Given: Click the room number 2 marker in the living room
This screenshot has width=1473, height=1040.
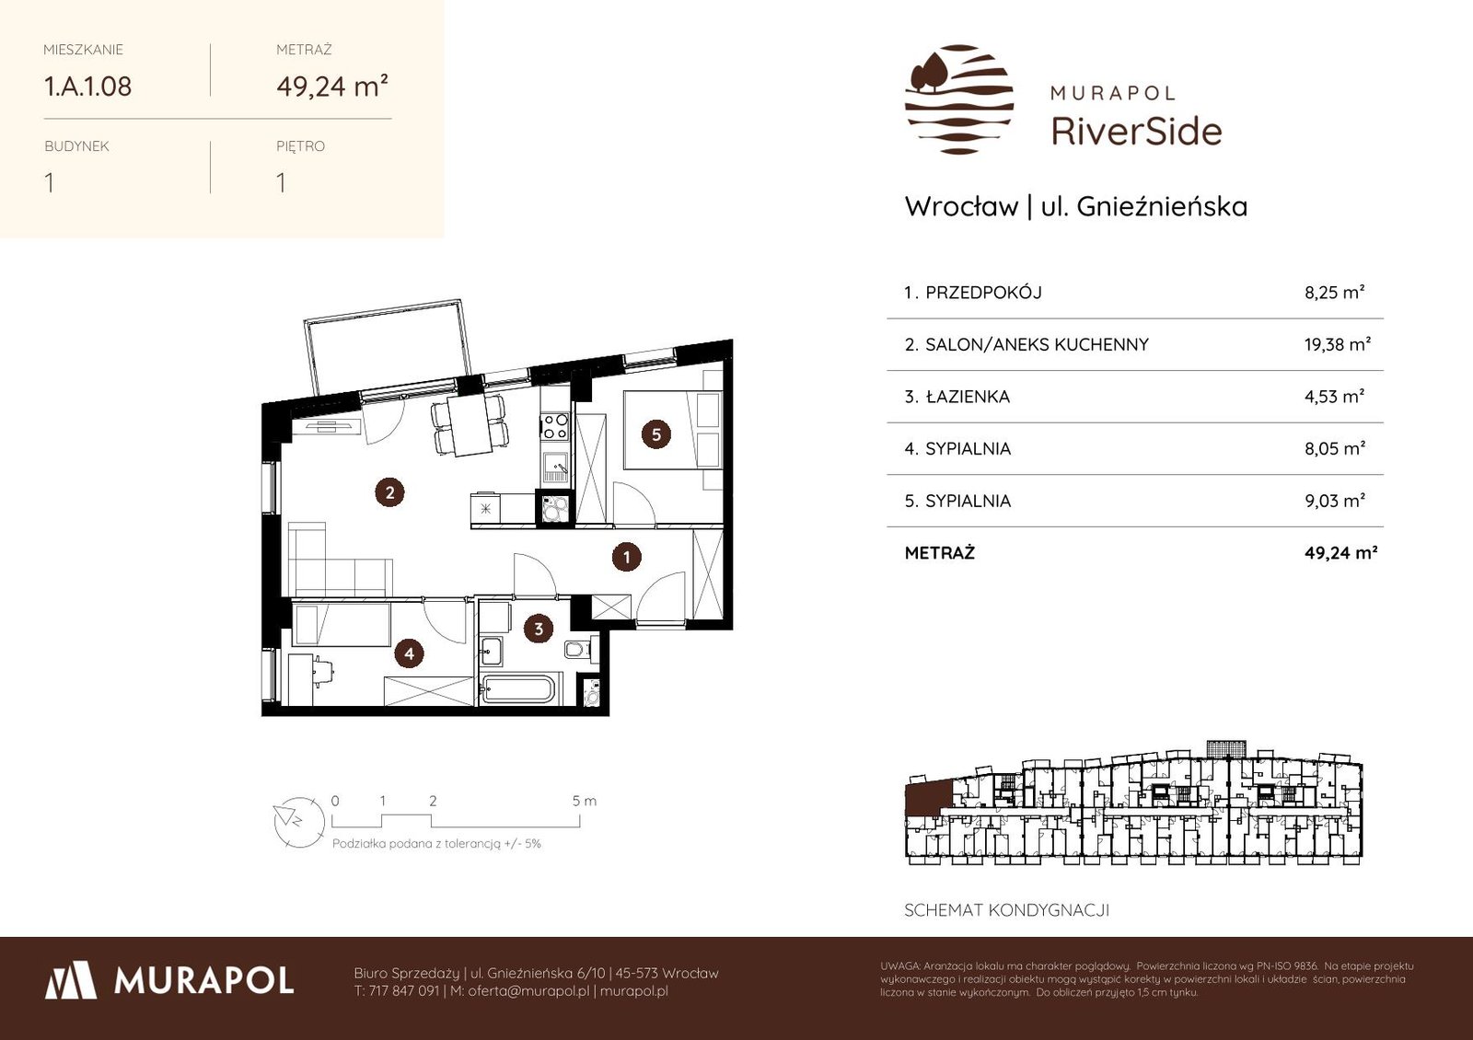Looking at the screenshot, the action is [x=390, y=492].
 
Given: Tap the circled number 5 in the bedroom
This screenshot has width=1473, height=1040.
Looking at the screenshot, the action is [x=655, y=434].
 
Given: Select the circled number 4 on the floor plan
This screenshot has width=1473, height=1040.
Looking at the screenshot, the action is [x=409, y=653].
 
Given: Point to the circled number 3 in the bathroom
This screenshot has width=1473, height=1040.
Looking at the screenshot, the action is [x=539, y=630].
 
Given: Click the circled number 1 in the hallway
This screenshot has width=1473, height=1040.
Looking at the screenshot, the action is [x=626, y=558].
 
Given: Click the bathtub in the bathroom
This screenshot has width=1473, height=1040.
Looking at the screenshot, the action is [x=518, y=689].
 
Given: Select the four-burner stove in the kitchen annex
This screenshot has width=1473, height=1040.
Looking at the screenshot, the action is [x=555, y=425].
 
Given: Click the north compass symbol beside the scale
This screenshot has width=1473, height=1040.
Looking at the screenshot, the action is [x=299, y=822].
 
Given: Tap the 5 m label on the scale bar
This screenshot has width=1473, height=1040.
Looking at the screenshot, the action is [x=584, y=801].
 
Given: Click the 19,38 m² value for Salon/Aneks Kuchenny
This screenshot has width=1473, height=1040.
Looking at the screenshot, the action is [x=1338, y=344].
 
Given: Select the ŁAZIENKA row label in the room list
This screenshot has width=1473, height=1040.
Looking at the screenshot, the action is [x=968, y=397].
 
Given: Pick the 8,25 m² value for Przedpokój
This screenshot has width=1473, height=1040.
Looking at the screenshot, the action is [x=1334, y=293].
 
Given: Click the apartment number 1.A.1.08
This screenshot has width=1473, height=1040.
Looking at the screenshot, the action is [x=87, y=87].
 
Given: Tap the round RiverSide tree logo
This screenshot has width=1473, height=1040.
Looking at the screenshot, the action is [x=959, y=99].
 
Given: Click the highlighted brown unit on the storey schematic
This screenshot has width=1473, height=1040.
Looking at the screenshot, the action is [x=928, y=797].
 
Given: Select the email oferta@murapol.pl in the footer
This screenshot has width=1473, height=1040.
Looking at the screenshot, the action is [x=528, y=991].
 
